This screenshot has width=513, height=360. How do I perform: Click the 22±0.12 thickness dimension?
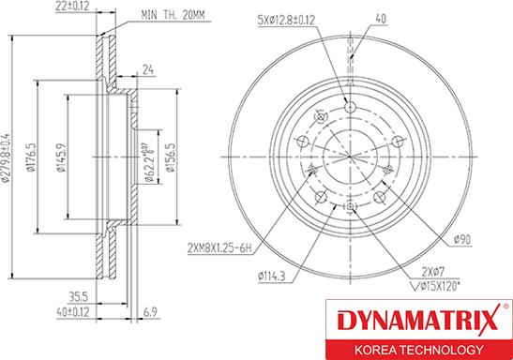(x=72, y=6)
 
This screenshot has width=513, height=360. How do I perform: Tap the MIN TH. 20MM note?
(x=173, y=15)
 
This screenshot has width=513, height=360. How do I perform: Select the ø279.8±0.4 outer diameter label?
(x=6, y=157)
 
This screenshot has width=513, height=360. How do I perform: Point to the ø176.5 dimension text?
(x=30, y=157)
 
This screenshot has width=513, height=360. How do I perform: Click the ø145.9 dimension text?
(x=61, y=157)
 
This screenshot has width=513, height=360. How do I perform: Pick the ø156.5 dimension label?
(x=170, y=157)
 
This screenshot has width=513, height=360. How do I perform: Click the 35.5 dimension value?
(x=78, y=297)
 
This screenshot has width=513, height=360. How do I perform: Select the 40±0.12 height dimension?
(x=72, y=311)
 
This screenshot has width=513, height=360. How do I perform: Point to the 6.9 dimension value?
(x=150, y=311)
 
